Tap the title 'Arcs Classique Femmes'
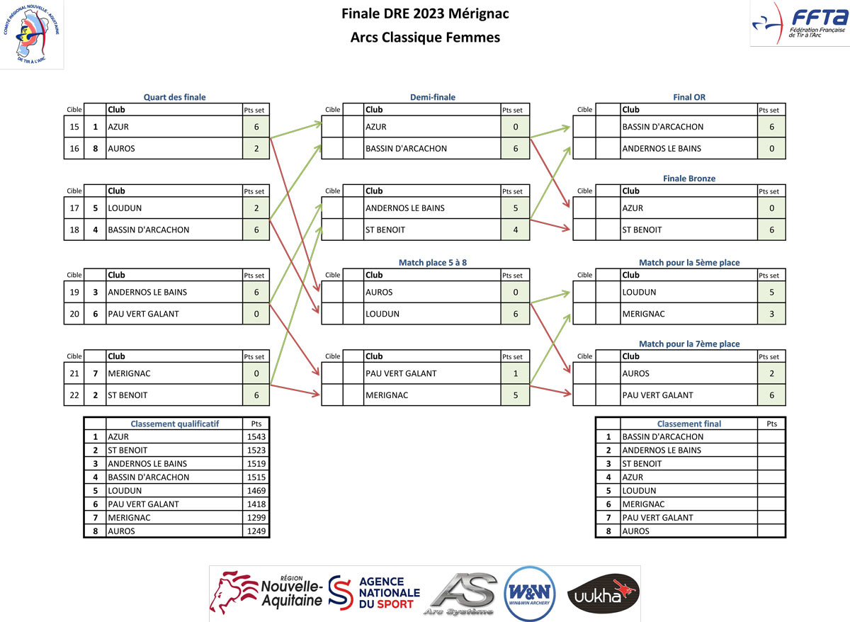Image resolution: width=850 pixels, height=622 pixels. click(425, 38)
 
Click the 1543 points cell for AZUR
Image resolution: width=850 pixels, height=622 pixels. click(256, 437)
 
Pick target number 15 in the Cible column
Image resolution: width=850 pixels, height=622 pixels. click(74, 127)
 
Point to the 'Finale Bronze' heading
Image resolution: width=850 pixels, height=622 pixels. click(688, 179)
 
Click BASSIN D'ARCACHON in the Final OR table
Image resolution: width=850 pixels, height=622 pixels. click(662, 127)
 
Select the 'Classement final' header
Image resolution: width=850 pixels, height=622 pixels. click(688, 424)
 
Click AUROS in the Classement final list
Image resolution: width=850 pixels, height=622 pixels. click(635, 531)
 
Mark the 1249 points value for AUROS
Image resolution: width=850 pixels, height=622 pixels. click(256, 531)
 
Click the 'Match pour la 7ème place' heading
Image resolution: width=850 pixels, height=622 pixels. click(688, 344)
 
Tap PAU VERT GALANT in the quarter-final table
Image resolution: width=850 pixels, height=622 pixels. click(143, 313)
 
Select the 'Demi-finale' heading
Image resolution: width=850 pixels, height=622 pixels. click(432, 97)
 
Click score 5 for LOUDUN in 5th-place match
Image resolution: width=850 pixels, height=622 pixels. click(771, 292)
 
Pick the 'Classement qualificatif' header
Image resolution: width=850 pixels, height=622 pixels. click(174, 424)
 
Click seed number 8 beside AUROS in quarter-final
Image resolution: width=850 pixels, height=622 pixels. click(95, 149)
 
